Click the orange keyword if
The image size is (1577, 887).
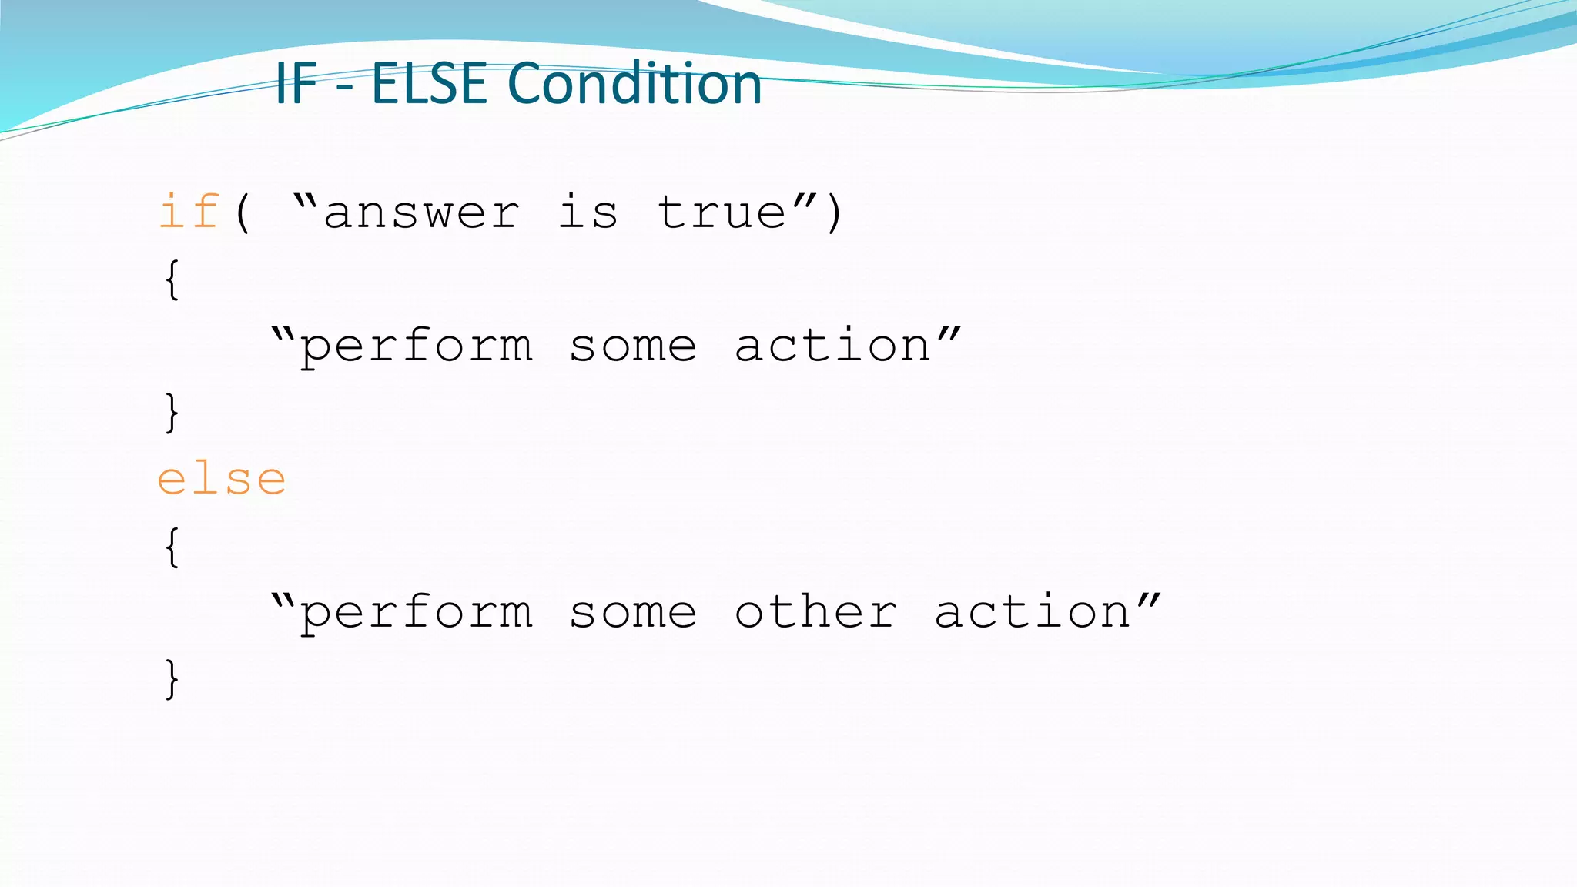(x=189, y=212)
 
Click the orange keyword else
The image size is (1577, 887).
(x=222, y=480)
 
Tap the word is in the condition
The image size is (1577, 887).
(x=588, y=212)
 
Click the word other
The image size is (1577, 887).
(x=815, y=612)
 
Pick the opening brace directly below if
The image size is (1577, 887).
(x=172, y=279)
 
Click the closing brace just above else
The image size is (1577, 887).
(x=172, y=413)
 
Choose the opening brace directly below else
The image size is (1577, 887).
(x=172, y=547)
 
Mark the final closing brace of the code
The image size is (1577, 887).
(x=172, y=678)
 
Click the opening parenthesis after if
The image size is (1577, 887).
(x=243, y=213)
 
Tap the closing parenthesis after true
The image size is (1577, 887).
(x=834, y=213)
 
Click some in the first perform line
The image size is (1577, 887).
(x=633, y=346)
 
